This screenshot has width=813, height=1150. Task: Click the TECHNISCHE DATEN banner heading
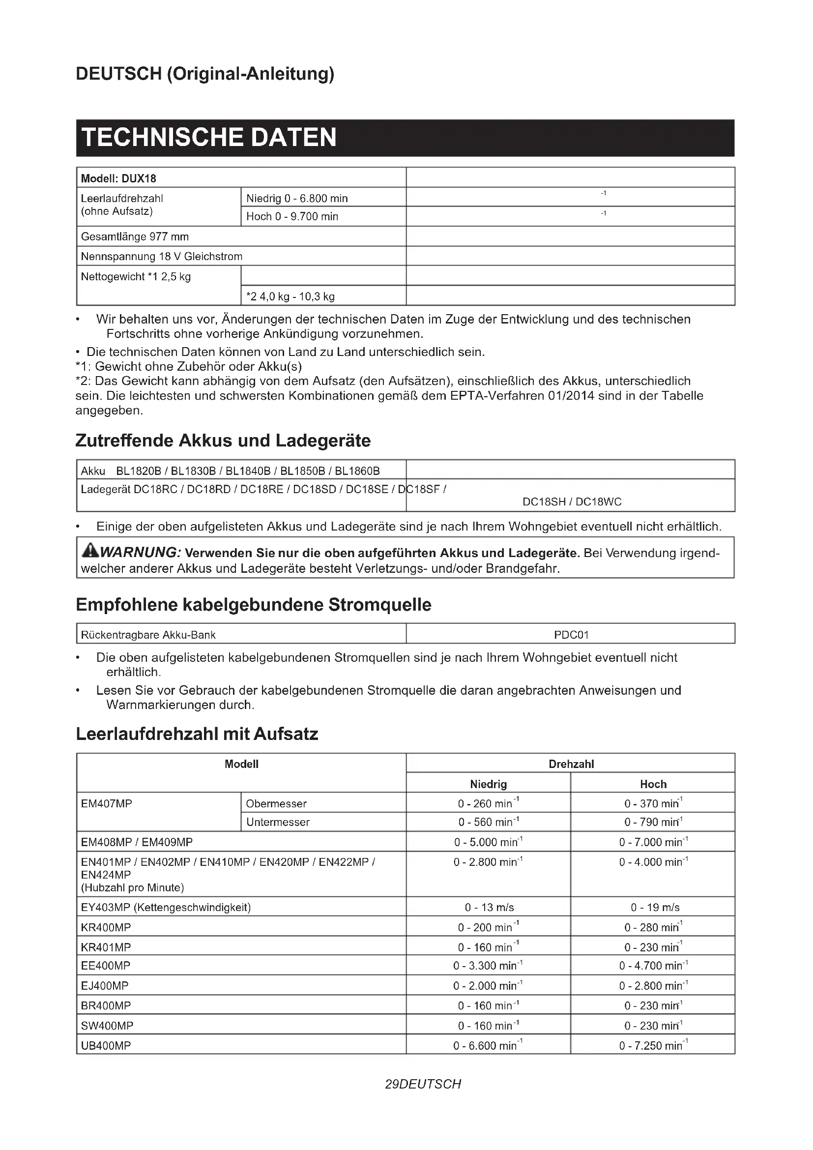point(209,138)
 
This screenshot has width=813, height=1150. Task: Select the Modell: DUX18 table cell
point(118,178)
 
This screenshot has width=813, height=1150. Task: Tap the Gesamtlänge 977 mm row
point(135,236)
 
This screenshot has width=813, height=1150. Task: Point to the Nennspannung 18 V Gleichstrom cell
point(161,257)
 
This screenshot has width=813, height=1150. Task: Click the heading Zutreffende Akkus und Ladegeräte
point(223,441)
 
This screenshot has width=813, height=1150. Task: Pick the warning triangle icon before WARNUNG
point(90,551)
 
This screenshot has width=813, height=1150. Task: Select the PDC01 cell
point(571,635)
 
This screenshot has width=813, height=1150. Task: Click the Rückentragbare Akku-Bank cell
point(148,635)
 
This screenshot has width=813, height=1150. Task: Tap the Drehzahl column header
point(571,764)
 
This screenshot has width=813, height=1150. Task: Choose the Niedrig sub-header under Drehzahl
point(488,784)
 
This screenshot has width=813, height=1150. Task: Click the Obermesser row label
point(276,803)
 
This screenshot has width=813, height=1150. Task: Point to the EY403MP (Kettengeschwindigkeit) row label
point(166,907)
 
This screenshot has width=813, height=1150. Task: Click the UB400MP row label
point(106,1045)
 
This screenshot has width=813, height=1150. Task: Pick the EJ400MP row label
point(105,986)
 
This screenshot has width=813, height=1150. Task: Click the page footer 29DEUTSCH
point(423,1084)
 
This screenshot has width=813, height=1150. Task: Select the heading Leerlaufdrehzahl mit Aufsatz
point(197,734)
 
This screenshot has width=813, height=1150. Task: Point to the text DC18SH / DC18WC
point(572,501)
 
